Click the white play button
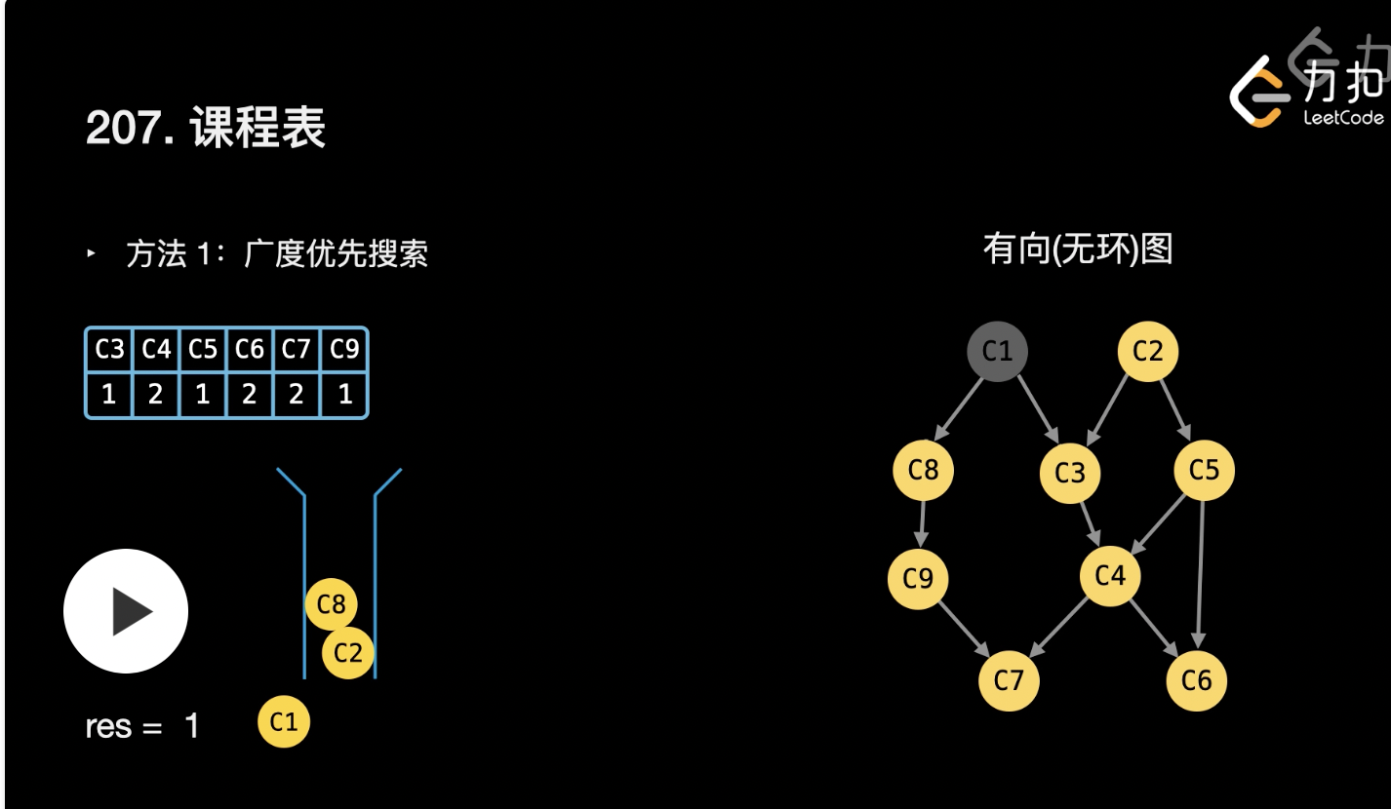(126, 611)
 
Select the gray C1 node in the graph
(997, 351)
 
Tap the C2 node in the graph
(1147, 351)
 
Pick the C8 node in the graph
(923, 470)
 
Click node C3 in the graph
(1070, 473)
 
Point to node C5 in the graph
(1204, 470)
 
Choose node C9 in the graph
(918, 579)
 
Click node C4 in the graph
(1110, 575)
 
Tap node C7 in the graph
(1009, 679)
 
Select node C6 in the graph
(1196, 679)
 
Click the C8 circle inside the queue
(332, 604)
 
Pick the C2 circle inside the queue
(347, 652)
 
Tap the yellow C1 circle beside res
(284, 722)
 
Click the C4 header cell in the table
(156, 349)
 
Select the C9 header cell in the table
(344, 349)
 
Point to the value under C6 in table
(250, 396)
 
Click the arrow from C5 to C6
(1201, 575)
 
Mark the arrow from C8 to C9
(921, 524)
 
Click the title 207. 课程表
(206, 128)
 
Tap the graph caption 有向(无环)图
(1077, 250)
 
